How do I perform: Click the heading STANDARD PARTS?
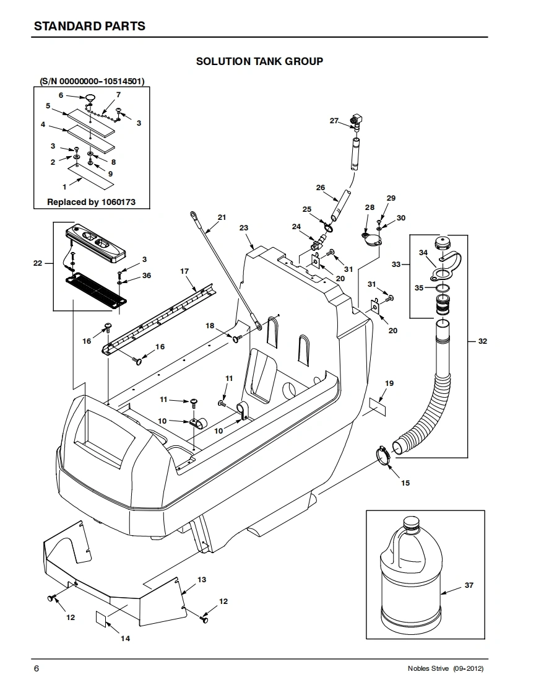90,26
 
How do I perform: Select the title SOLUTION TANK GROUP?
259,61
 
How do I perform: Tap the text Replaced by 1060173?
91,202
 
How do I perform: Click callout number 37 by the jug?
469,585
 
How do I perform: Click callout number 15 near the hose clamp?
405,483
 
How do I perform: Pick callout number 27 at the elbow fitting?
334,121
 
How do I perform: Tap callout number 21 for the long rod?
222,217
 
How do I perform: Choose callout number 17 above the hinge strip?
184,271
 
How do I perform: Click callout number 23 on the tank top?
244,228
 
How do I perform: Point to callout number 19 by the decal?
389,383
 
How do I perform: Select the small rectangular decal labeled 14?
101,619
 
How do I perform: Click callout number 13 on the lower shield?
202,579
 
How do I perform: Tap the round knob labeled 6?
90,97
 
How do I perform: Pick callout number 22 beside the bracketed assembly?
38,263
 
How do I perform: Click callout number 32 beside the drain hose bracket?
482,341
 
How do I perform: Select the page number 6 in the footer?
37,668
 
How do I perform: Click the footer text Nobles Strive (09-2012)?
446,668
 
